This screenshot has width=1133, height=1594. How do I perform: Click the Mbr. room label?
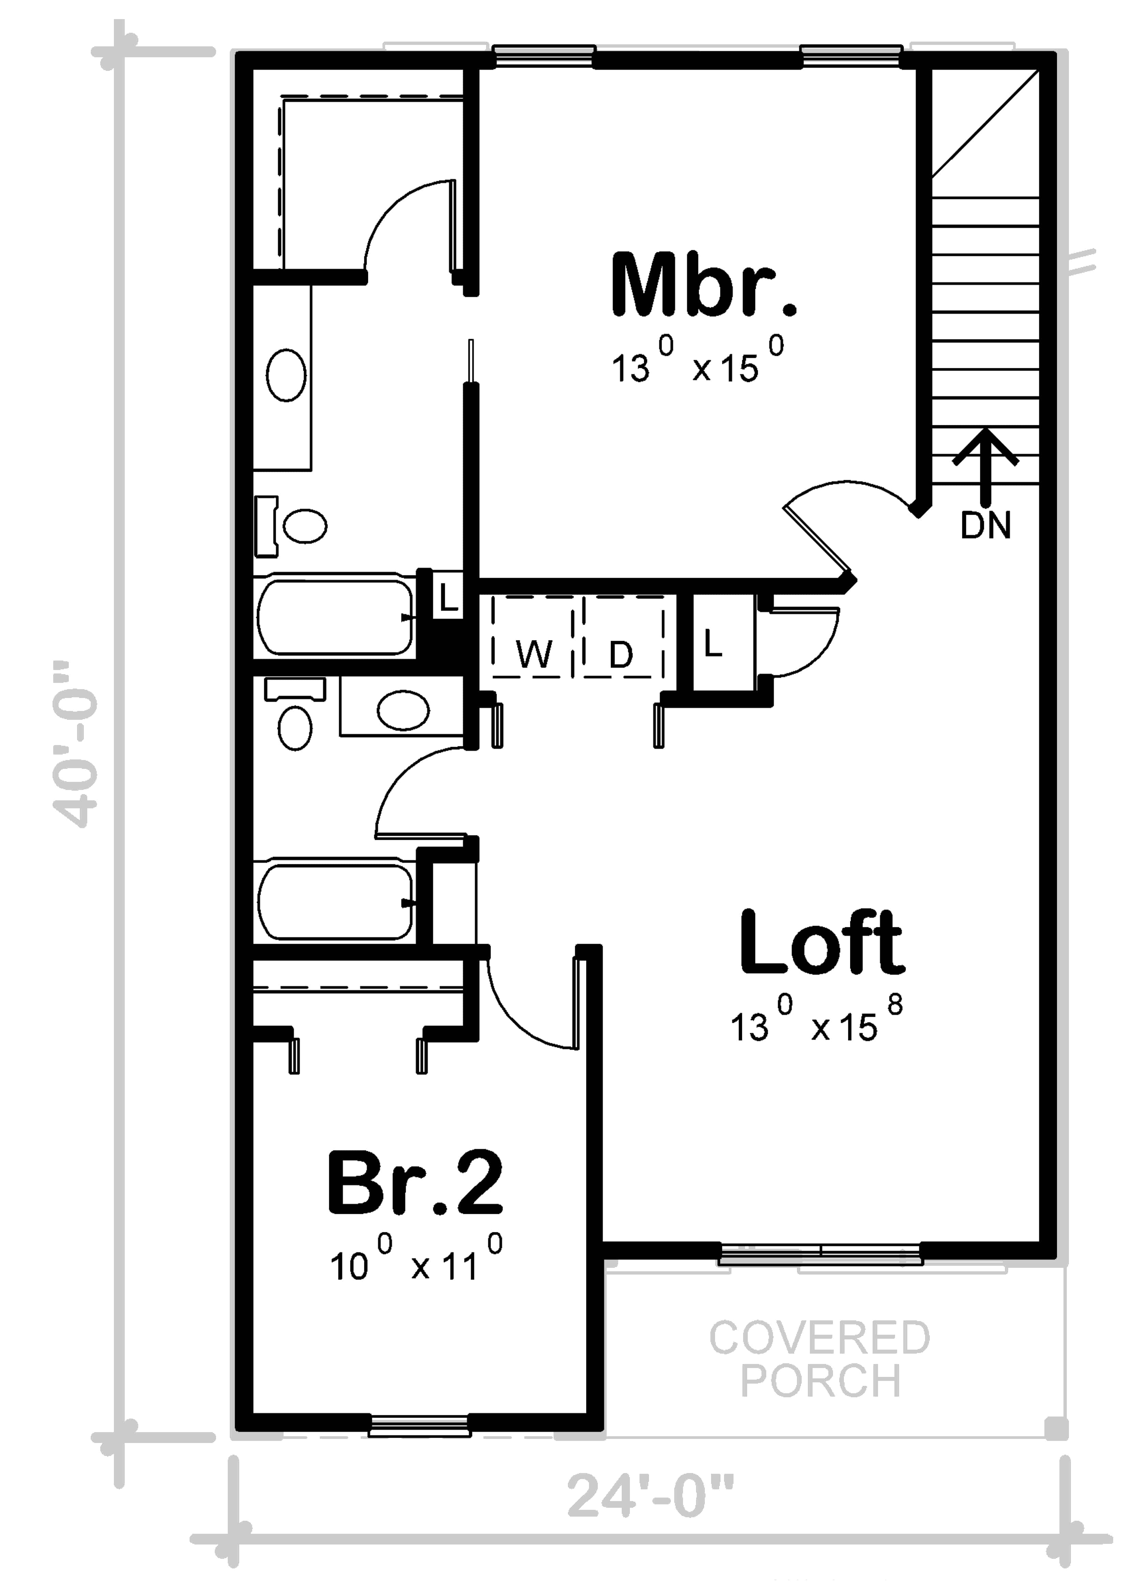[x=703, y=286]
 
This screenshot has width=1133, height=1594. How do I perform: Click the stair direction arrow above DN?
[x=985, y=464]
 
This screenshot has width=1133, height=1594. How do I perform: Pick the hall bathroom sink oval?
[x=403, y=710]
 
